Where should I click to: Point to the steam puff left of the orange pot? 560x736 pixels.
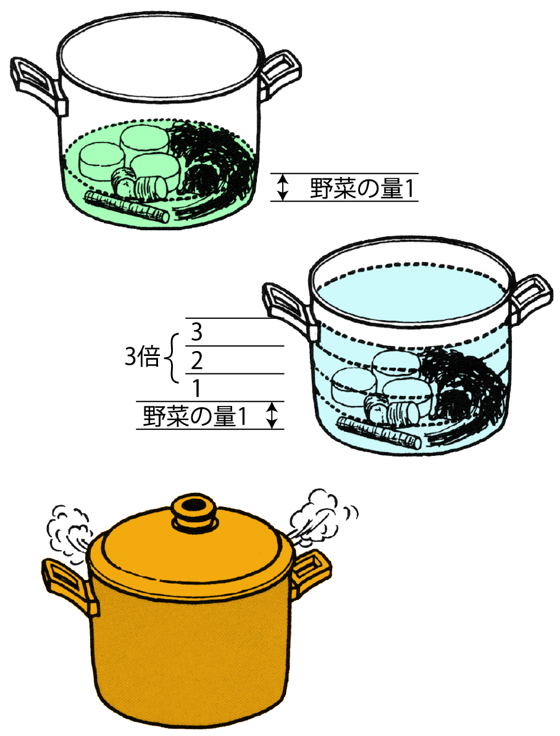point(68,533)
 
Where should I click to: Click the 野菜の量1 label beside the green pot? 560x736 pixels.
point(362,188)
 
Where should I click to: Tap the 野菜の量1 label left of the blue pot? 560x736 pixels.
point(194,416)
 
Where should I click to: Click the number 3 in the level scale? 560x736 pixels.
point(197,333)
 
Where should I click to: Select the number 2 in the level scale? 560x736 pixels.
point(197,360)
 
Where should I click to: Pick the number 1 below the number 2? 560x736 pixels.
point(197,389)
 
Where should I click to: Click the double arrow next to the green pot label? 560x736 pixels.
point(282,188)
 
